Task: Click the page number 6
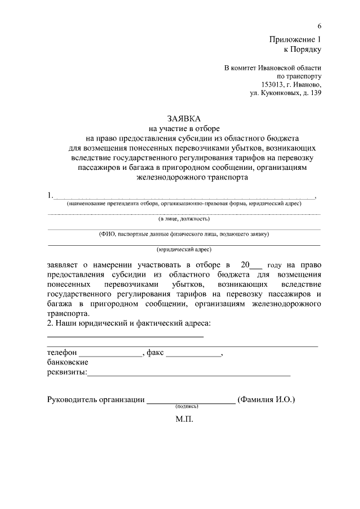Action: pyautogui.click(x=319, y=26)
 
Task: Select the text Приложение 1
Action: pyautogui.click(x=294, y=39)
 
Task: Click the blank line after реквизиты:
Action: pyautogui.click(x=189, y=374)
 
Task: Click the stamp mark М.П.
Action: pyautogui.click(x=184, y=419)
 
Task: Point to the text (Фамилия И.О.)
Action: pyautogui.click(x=267, y=399)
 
